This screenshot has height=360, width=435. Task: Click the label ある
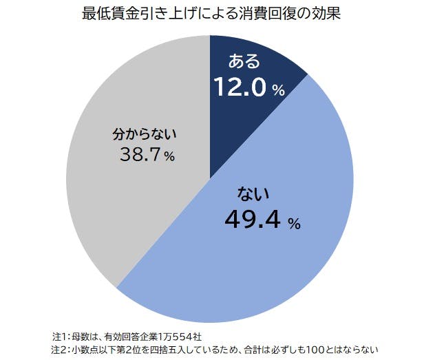tap(245, 62)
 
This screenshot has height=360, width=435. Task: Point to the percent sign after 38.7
tap(169, 158)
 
